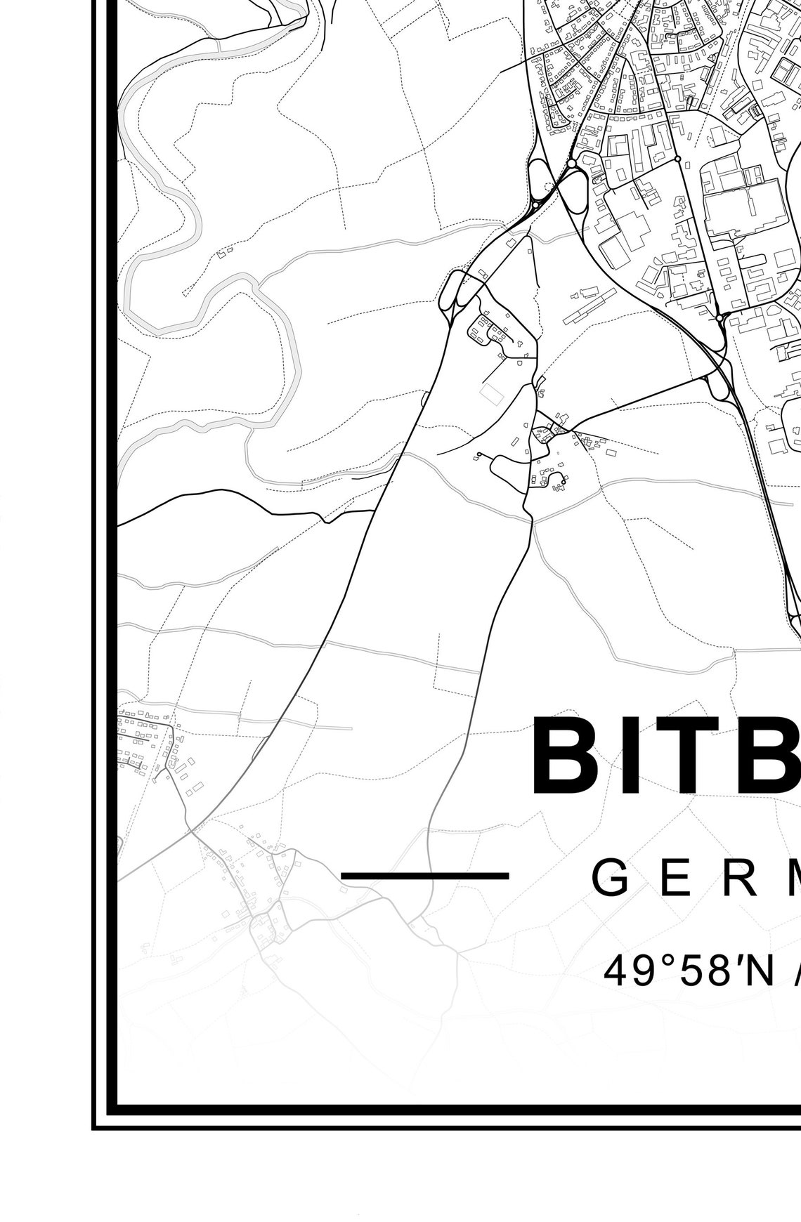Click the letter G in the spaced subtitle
tap(611, 878)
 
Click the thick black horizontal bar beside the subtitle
tap(424, 876)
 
